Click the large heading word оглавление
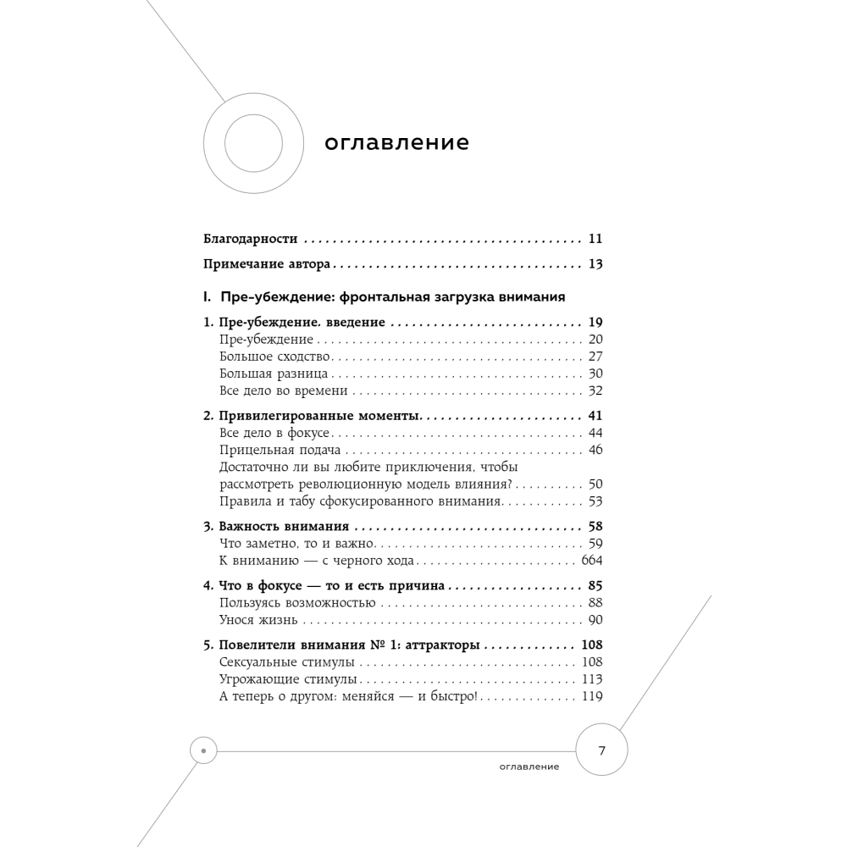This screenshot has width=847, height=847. (396, 143)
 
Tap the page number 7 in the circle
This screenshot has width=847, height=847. (602, 750)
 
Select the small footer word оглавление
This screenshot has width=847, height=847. (529, 767)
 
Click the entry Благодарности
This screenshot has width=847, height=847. (252, 239)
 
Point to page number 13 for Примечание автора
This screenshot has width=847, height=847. (595, 264)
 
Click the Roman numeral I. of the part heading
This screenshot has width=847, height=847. (207, 297)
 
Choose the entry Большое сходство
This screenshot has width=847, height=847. (274, 357)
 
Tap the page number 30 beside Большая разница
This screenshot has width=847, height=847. (595, 374)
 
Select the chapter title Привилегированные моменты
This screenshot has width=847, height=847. (319, 416)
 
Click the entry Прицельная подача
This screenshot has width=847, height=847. (280, 450)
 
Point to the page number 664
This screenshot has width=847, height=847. (591, 561)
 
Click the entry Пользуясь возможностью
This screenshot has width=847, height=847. (296, 603)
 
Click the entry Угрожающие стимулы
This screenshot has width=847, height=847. (288, 679)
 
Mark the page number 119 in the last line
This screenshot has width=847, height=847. (591, 696)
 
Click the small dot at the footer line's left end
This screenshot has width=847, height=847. (204, 750)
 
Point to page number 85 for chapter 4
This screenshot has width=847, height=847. (595, 585)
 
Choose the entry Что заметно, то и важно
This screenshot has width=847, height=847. (296, 544)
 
